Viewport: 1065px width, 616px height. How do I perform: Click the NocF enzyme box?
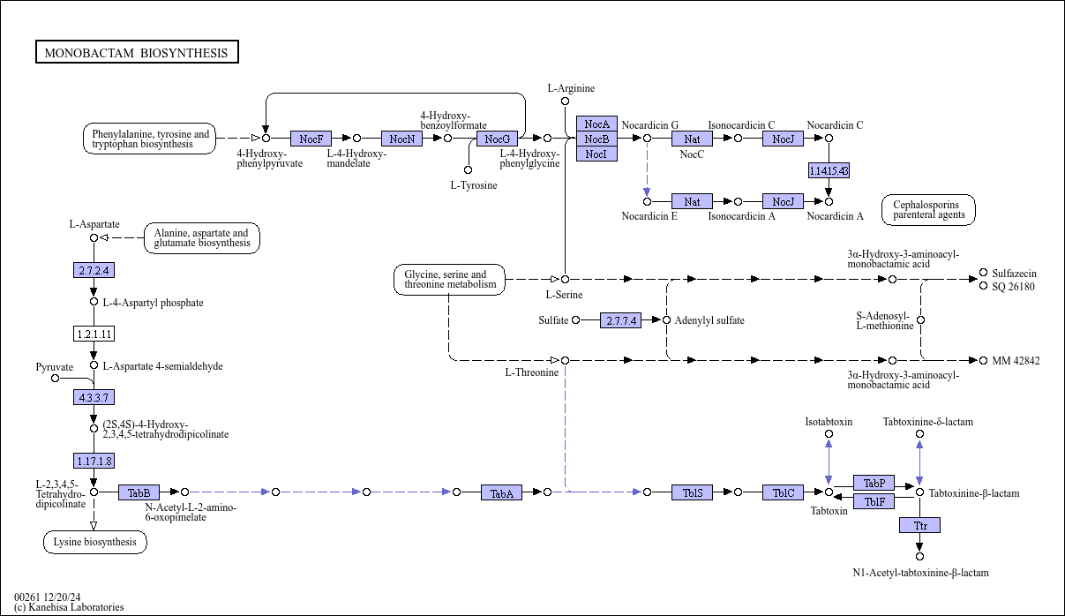coord(311,139)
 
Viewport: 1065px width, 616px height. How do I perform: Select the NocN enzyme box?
coord(401,139)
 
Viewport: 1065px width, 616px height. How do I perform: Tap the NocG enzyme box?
coord(498,139)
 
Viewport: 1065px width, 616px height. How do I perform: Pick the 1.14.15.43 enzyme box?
coord(829,170)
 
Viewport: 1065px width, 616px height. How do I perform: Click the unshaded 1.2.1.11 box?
coord(94,334)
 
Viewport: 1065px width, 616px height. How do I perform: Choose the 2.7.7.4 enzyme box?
coord(620,320)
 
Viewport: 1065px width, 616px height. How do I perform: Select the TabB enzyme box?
coord(139,492)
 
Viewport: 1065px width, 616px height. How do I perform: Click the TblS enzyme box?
coord(693,492)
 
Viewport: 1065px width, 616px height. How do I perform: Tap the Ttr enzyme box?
coord(920,525)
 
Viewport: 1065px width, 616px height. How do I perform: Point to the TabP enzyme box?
coord(874,483)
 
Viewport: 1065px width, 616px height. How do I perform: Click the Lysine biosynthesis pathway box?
coord(95,542)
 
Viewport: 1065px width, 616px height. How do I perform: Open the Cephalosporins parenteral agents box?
coord(928,210)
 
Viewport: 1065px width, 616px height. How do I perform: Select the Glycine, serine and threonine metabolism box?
coord(449,279)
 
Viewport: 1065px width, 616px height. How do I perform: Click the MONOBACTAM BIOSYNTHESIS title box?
coord(137,52)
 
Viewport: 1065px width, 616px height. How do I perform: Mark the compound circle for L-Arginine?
coord(565,101)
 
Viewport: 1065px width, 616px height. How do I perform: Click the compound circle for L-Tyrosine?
coord(468,169)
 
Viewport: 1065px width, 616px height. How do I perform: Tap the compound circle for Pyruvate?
coord(56,379)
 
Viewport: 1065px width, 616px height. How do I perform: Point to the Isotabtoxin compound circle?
coord(829,434)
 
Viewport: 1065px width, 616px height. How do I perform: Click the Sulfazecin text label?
coord(1014,273)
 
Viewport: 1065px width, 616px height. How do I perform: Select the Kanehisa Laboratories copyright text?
coord(69,607)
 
